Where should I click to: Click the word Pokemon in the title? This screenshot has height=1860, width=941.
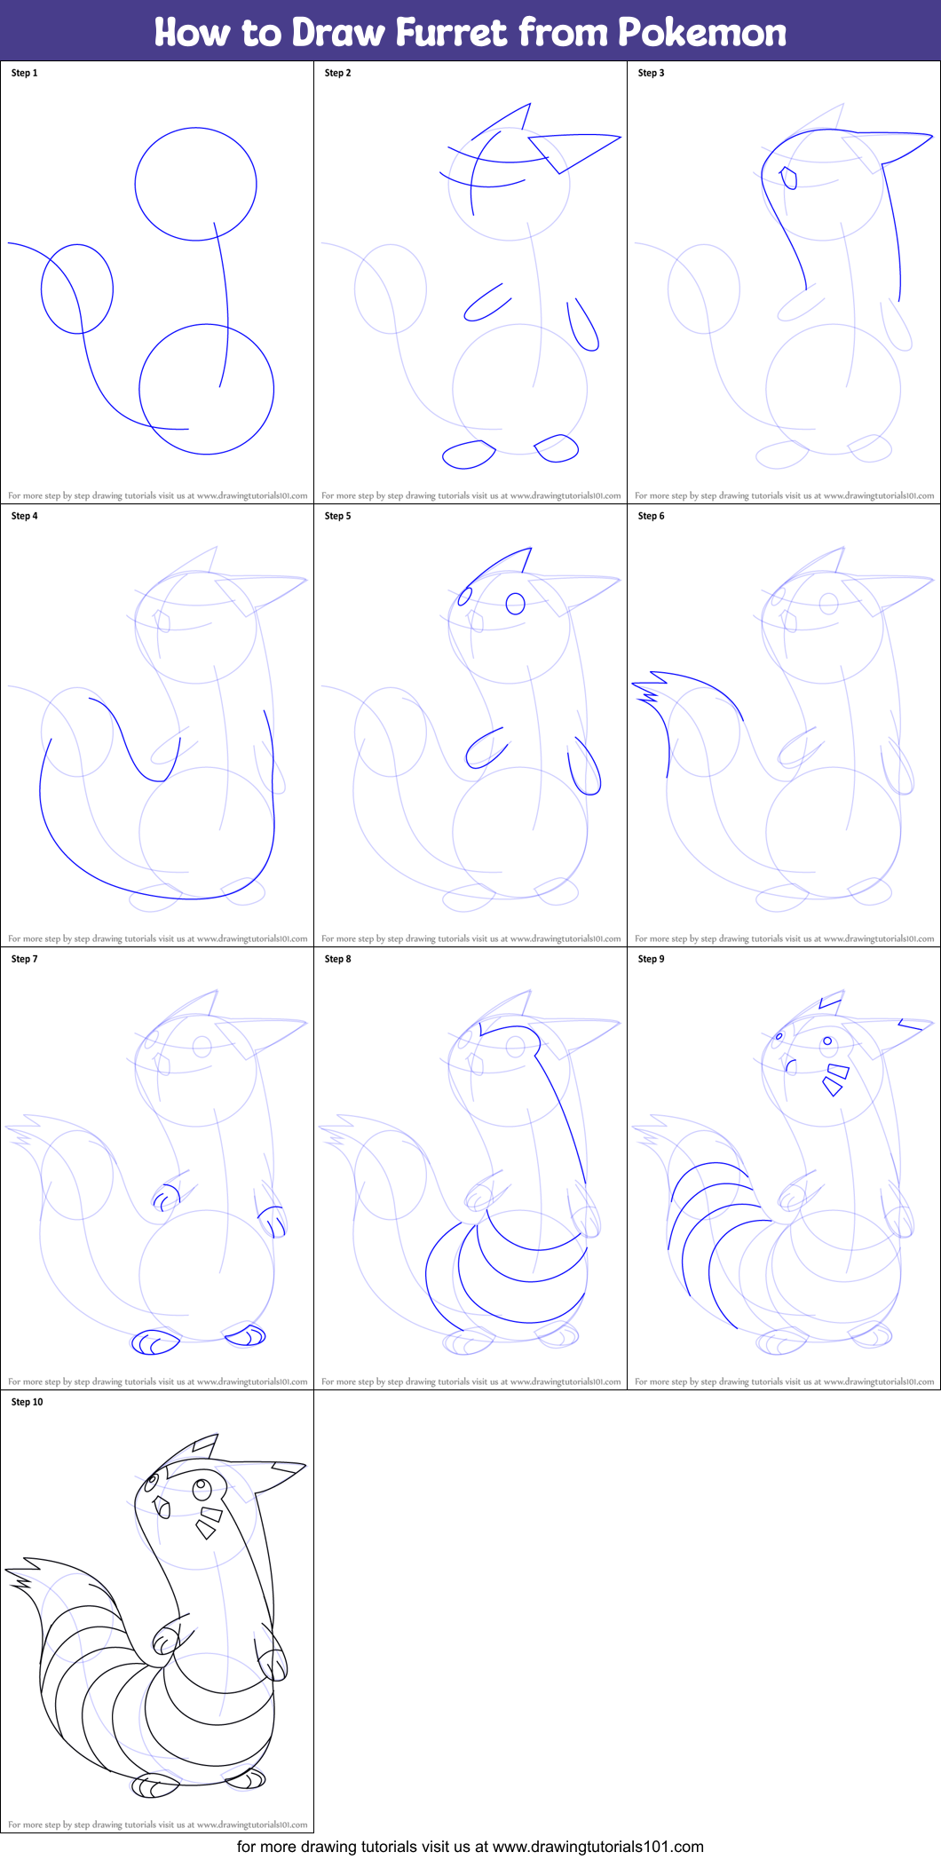pos(702,32)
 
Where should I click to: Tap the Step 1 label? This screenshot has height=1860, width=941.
pos(25,73)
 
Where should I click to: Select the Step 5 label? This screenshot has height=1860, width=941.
pos(338,516)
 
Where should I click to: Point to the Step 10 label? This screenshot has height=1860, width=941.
pos(28,1402)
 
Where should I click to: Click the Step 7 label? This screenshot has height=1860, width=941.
pos(25,959)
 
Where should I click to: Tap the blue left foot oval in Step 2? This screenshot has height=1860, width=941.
pos(469,455)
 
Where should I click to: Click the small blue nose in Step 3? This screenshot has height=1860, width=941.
pos(788,178)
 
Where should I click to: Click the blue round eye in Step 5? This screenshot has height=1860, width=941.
pos(516,604)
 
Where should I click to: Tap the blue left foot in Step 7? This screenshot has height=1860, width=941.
pos(154,1342)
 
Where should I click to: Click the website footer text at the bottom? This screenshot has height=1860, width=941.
pos(470,1847)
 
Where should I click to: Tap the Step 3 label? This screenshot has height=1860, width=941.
pos(652,73)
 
